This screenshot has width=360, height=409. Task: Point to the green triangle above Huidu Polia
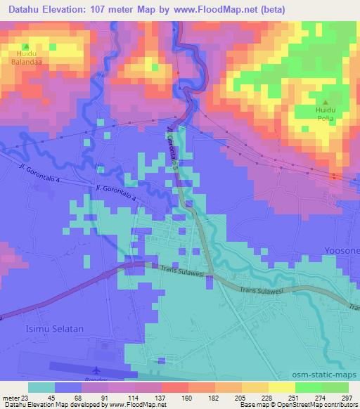[x=326, y=103]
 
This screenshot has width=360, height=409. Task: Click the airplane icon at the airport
[x=96, y=369]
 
